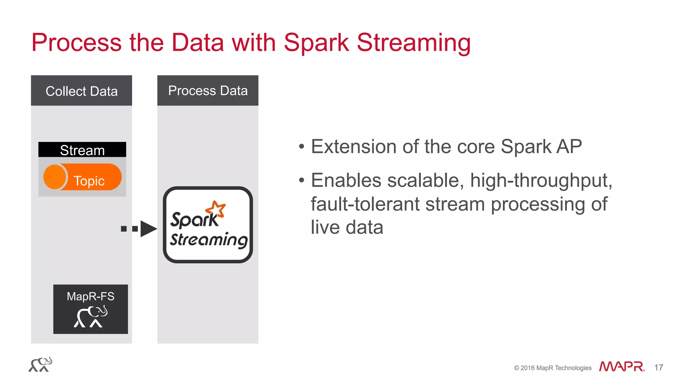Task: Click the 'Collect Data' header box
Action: pos(81,91)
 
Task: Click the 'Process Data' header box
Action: pos(208,90)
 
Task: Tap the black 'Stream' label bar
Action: pos(82,150)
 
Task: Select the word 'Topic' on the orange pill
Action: pos(89,181)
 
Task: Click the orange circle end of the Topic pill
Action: pos(54,177)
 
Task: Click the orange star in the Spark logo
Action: pos(216,209)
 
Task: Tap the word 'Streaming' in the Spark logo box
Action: pos(209,239)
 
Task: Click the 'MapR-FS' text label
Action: pos(90,296)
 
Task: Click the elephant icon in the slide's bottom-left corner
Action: pos(40,365)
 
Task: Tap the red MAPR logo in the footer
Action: pos(621,367)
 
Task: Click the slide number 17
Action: pos(659,367)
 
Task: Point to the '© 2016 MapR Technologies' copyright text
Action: pos(552,368)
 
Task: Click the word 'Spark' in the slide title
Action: pos(316,43)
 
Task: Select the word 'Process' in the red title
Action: pos(77,43)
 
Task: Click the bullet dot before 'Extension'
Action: pos(302,147)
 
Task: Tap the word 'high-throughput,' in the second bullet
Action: pos(541,180)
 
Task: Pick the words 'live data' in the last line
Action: pos(347,227)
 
